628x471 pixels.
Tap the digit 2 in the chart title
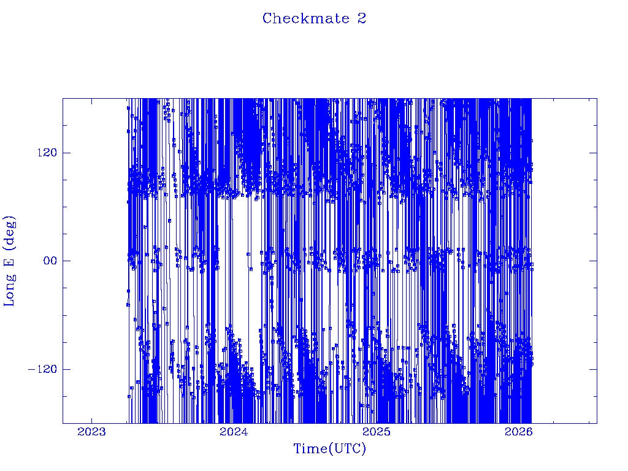[x=361, y=18]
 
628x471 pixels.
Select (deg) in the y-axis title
[x=10, y=233]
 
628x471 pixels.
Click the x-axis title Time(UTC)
[x=329, y=449]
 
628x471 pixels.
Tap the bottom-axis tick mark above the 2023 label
[x=91, y=419]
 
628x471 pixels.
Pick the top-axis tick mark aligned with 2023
[x=91, y=102]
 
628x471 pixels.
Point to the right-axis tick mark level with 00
[x=593, y=261]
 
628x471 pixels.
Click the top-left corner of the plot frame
[x=63, y=98]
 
